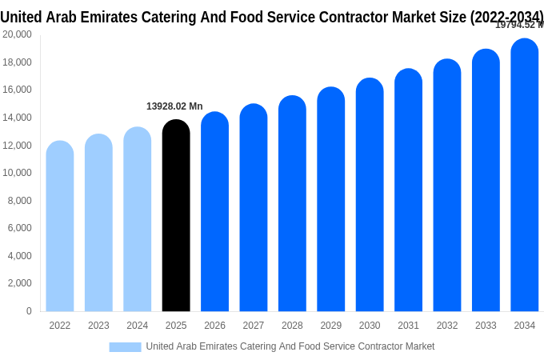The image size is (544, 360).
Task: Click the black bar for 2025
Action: [176, 216]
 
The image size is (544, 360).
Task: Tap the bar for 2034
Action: [525, 176]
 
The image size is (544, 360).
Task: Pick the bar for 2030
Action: [370, 195]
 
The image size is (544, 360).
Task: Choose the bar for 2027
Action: [254, 208]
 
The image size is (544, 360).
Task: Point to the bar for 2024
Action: [138, 219]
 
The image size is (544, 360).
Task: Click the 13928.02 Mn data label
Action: [174, 106]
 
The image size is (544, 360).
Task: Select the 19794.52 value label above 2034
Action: [518, 25]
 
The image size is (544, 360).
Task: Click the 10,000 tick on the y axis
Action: [17, 173]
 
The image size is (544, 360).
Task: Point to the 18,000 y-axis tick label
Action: [17, 62]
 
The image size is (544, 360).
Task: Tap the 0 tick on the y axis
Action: [29, 311]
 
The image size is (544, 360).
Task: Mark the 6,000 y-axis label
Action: [19, 228]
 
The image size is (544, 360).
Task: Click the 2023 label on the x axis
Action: [98, 326]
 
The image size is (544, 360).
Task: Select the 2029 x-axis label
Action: [330, 326]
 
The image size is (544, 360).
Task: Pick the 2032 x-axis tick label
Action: [447, 326]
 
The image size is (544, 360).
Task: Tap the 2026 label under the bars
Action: [214, 326]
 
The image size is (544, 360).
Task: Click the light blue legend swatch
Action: [125, 346]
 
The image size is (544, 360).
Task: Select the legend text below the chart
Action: [290, 346]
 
